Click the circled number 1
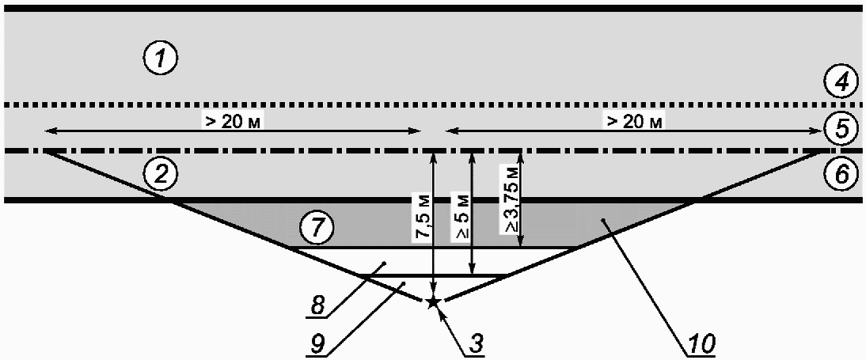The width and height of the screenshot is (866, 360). coord(160,59)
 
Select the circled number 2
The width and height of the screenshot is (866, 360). coord(160,176)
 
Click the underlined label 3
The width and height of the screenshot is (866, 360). coord(474,344)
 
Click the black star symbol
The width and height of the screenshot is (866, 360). coord(434,301)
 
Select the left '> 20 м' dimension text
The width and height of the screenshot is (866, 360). coord(233,121)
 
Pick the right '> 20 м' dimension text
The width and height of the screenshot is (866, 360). coord(635,121)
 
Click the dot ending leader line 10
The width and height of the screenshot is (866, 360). coord(604,220)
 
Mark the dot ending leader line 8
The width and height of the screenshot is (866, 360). coord(385,262)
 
